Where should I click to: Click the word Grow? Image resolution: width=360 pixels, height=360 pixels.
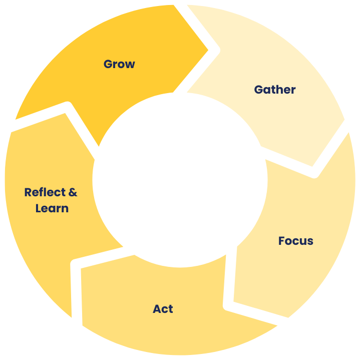point(119,64)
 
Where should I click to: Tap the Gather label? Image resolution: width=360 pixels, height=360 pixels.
point(274,90)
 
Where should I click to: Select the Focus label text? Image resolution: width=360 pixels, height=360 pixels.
point(295,241)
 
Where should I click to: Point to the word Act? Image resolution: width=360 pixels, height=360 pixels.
point(163,309)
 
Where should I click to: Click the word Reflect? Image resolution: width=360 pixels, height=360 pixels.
point(45,192)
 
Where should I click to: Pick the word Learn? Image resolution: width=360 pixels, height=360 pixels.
point(52,208)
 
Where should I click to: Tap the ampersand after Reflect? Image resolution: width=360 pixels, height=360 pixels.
point(73,192)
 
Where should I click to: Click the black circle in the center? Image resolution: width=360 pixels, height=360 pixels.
point(180,180)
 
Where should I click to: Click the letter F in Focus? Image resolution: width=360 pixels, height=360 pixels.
point(281,241)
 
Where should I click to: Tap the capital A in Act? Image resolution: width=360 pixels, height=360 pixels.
point(156,309)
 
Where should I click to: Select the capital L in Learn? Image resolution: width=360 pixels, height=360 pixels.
point(38,208)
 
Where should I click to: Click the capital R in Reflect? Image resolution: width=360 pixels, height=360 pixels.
point(28,192)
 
